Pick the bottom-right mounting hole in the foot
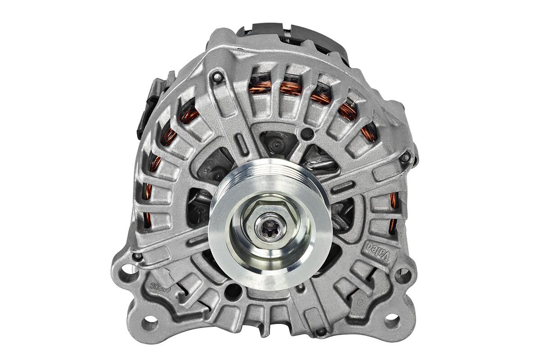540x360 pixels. click(x=391, y=320)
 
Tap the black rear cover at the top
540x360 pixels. click(x=288, y=38)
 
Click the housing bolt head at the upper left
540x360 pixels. click(x=217, y=77)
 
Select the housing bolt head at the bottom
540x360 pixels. click(x=321, y=332)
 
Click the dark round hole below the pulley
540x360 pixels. click(x=233, y=292)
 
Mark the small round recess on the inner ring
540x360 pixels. click(x=307, y=133)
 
